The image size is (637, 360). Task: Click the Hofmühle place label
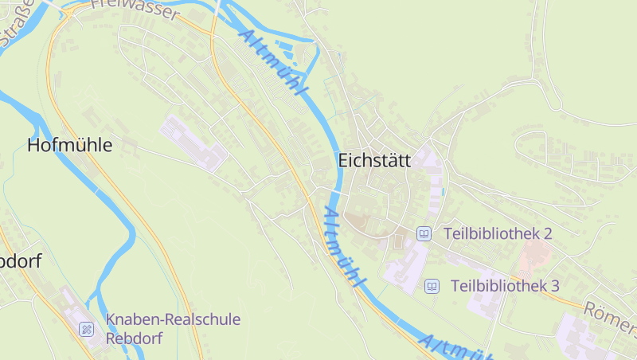[70, 146]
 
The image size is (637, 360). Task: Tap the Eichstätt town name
[374, 160]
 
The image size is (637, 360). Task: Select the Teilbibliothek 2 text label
[498, 233]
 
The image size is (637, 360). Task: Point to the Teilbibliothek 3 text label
[505, 285]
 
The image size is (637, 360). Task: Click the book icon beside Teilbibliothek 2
[424, 233]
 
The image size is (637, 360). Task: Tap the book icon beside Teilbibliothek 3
[432, 285]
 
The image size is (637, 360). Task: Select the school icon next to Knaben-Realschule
[86, 328]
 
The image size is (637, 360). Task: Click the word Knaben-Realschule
[173, 319]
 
